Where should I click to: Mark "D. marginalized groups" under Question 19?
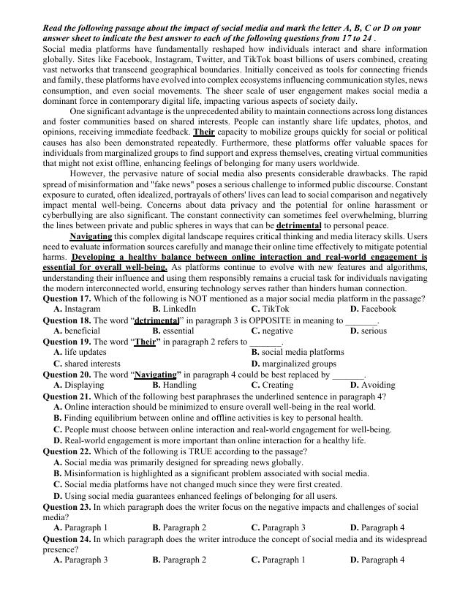tap(293, 363)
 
